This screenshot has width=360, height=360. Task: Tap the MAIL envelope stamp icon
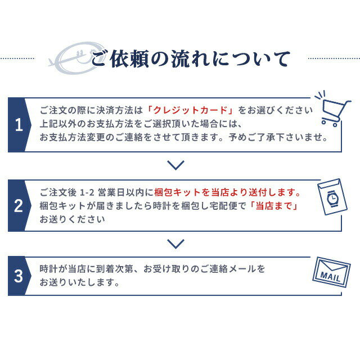(x=331, y=272)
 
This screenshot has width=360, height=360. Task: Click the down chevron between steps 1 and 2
(x=175, y=165)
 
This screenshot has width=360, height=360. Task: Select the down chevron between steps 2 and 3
(x=175, y=244)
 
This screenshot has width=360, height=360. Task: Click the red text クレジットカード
(x=190, y=110)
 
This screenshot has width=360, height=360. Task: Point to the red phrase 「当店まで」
(x=273, y=206)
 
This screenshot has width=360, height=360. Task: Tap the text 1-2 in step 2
(x=87, y=192)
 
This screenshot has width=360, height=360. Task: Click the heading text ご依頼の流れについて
(x=191, y=59)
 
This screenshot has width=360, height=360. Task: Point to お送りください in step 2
(x=72, y=219)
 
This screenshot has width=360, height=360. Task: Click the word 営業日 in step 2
(x=111, y=192)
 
